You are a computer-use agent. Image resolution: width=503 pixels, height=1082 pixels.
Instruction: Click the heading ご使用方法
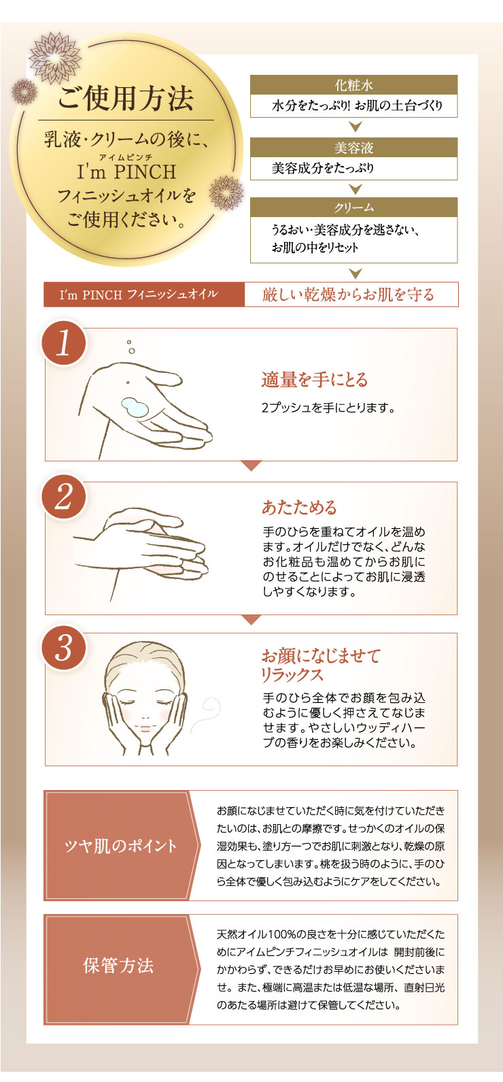tap(126, 97)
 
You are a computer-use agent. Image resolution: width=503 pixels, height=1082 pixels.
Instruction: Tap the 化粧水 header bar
tap(353, 86)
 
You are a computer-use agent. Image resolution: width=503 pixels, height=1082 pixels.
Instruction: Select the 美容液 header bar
tap(353, 148)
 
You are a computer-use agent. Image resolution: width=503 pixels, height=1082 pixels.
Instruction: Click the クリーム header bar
tap(353, 208)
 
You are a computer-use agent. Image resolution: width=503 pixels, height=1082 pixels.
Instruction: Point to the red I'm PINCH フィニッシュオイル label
tap(143, 295)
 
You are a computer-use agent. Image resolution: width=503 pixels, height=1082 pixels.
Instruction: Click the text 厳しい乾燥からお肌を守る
tap(348, 295)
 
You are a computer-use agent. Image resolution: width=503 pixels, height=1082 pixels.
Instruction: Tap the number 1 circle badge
tap(64, 344)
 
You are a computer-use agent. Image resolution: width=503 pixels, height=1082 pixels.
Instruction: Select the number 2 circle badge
tap(64, 497)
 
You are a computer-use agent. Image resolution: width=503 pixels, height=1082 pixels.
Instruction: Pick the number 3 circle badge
tap(64, 647)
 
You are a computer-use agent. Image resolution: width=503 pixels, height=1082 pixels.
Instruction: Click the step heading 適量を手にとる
tap(314, 380)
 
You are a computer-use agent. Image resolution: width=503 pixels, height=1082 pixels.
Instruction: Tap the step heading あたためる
tap(299, 508)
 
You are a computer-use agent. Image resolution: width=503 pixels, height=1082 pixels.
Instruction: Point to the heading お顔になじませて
tap(321, 656)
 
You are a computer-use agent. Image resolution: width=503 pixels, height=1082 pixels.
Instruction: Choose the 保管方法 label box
tap(119, 966)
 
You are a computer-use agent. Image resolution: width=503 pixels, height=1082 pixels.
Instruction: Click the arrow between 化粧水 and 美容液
tap(354, 127)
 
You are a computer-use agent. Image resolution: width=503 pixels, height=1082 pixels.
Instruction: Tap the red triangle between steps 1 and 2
tap(251, 466)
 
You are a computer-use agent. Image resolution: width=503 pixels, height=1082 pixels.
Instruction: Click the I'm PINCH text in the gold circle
tap(126, 172)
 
